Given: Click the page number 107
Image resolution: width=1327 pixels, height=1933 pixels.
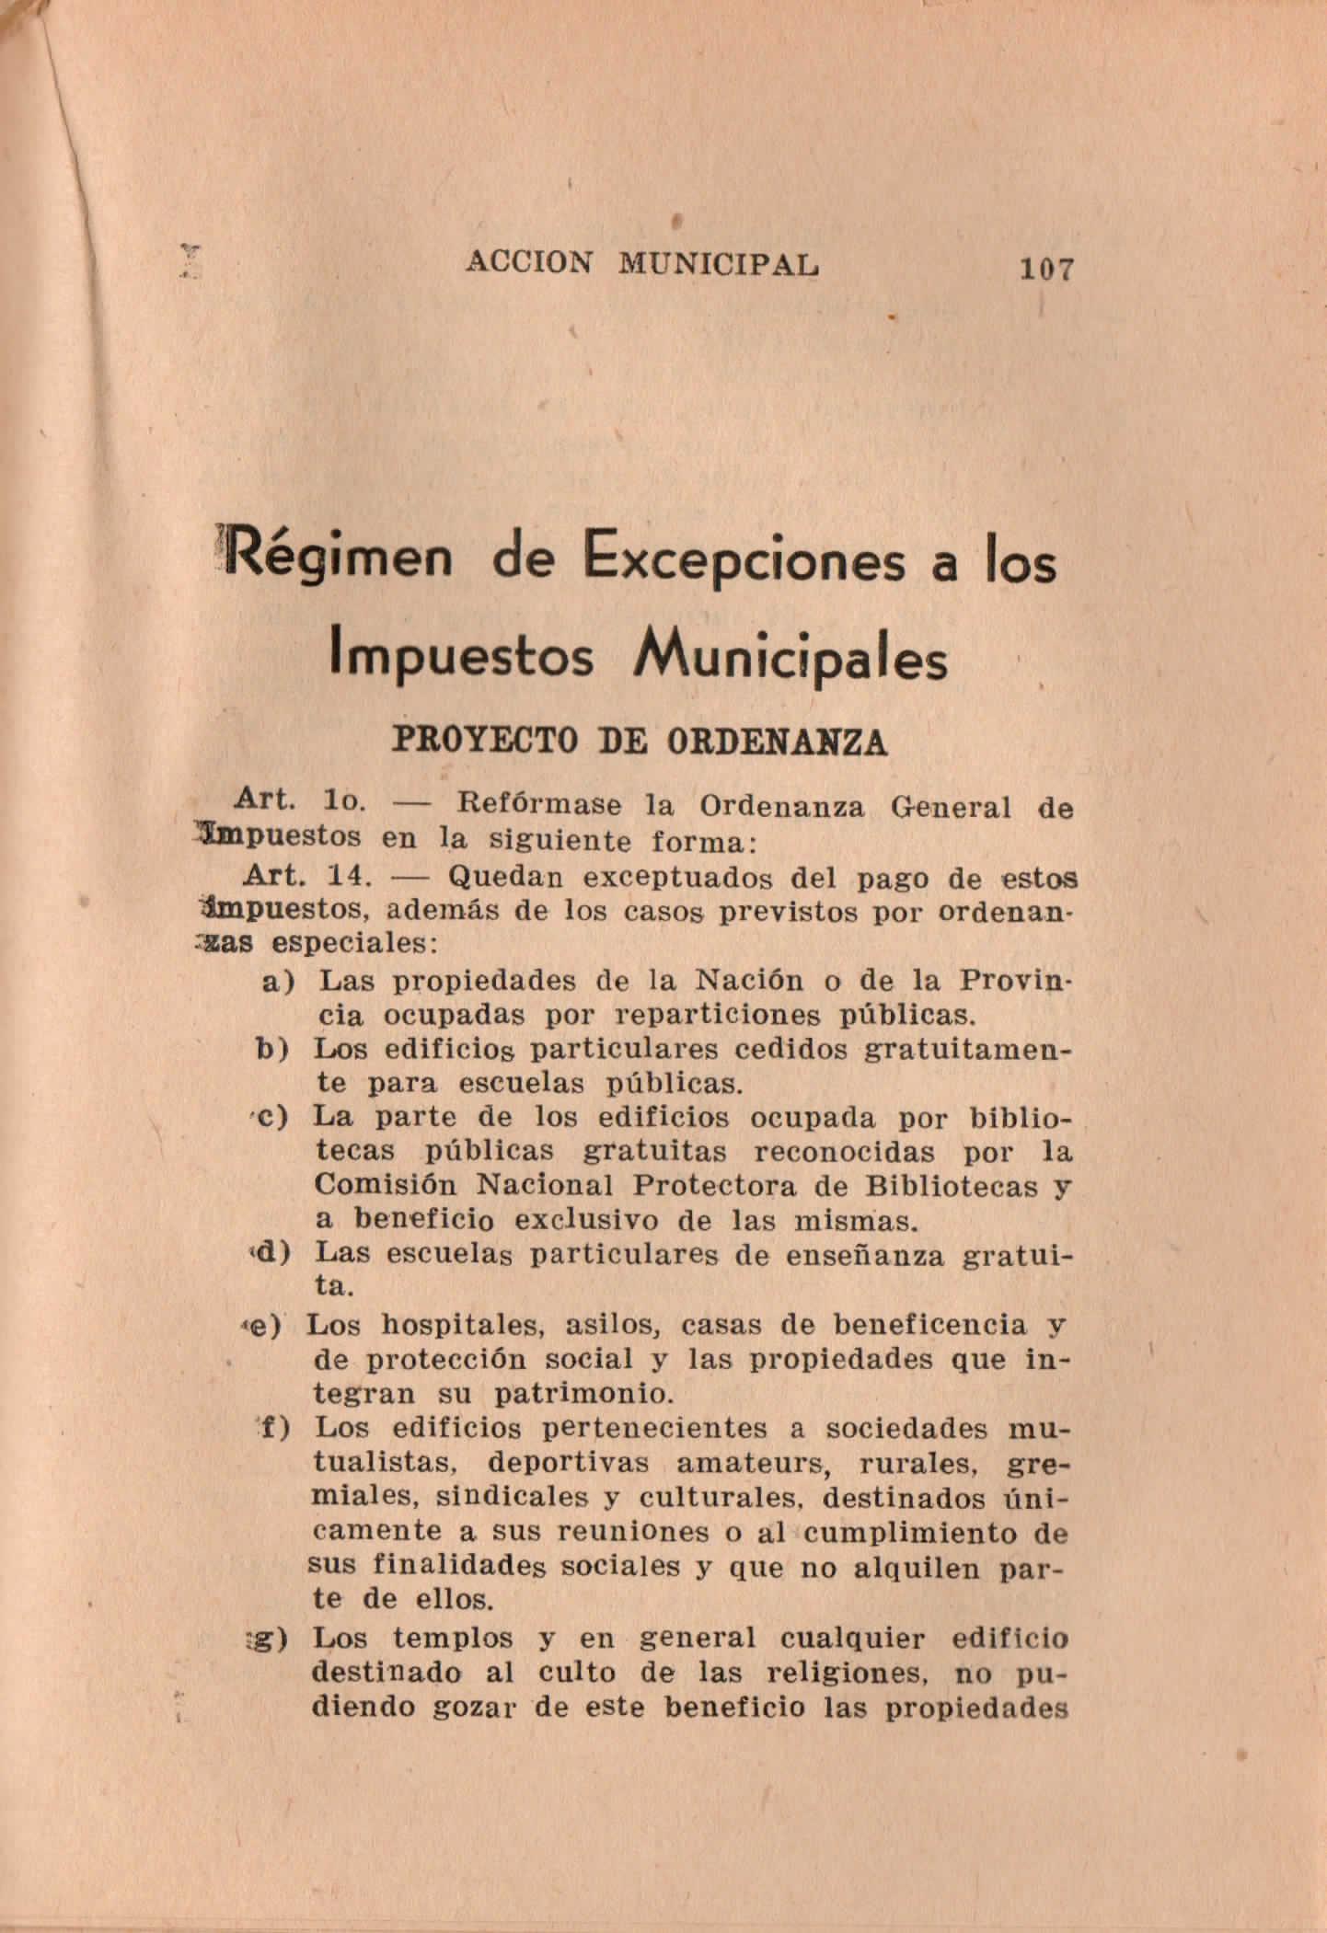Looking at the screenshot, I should point(1045,270).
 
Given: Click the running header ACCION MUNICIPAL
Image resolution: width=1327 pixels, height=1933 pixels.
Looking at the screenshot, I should point(642,264).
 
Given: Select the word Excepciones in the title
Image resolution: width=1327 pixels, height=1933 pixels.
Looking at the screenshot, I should point(744,561).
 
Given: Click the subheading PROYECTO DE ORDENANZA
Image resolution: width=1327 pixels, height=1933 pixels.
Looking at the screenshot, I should point(640,742).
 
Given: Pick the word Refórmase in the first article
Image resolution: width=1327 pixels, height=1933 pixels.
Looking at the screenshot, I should point(539,806).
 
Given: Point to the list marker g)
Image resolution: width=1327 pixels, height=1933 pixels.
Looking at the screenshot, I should point(273,1639).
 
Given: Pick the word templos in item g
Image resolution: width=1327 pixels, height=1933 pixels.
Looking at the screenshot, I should point(451,1640).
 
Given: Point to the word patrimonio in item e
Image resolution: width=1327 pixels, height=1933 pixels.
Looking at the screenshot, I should point(578,1394).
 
